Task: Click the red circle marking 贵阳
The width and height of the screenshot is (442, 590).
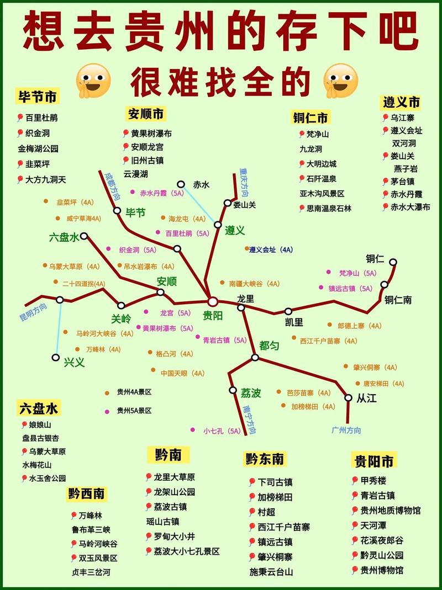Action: tap(213, 302)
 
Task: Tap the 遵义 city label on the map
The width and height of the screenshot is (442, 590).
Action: tap(235, 230)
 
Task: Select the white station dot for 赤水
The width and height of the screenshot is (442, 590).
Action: tap(181, 184)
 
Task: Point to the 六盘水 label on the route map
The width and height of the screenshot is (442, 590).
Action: tap(65, 237)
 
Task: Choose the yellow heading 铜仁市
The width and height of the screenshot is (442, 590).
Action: tap(310, 117)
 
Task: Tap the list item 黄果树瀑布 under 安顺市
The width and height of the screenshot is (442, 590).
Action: tap(151, 134)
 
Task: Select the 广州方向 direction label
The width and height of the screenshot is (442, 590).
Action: tap(346, 430)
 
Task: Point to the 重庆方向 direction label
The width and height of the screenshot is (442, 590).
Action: tap(244, 183)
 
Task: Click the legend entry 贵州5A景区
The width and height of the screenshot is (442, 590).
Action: tap(134, 411)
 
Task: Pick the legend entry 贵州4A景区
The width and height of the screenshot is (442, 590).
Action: tap(134, 392)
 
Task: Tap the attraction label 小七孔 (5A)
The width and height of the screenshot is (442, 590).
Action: tap(222, 430)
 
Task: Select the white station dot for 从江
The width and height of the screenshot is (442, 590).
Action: tap(348, 397)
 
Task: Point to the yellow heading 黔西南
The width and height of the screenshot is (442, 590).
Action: tap(87, 493)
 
